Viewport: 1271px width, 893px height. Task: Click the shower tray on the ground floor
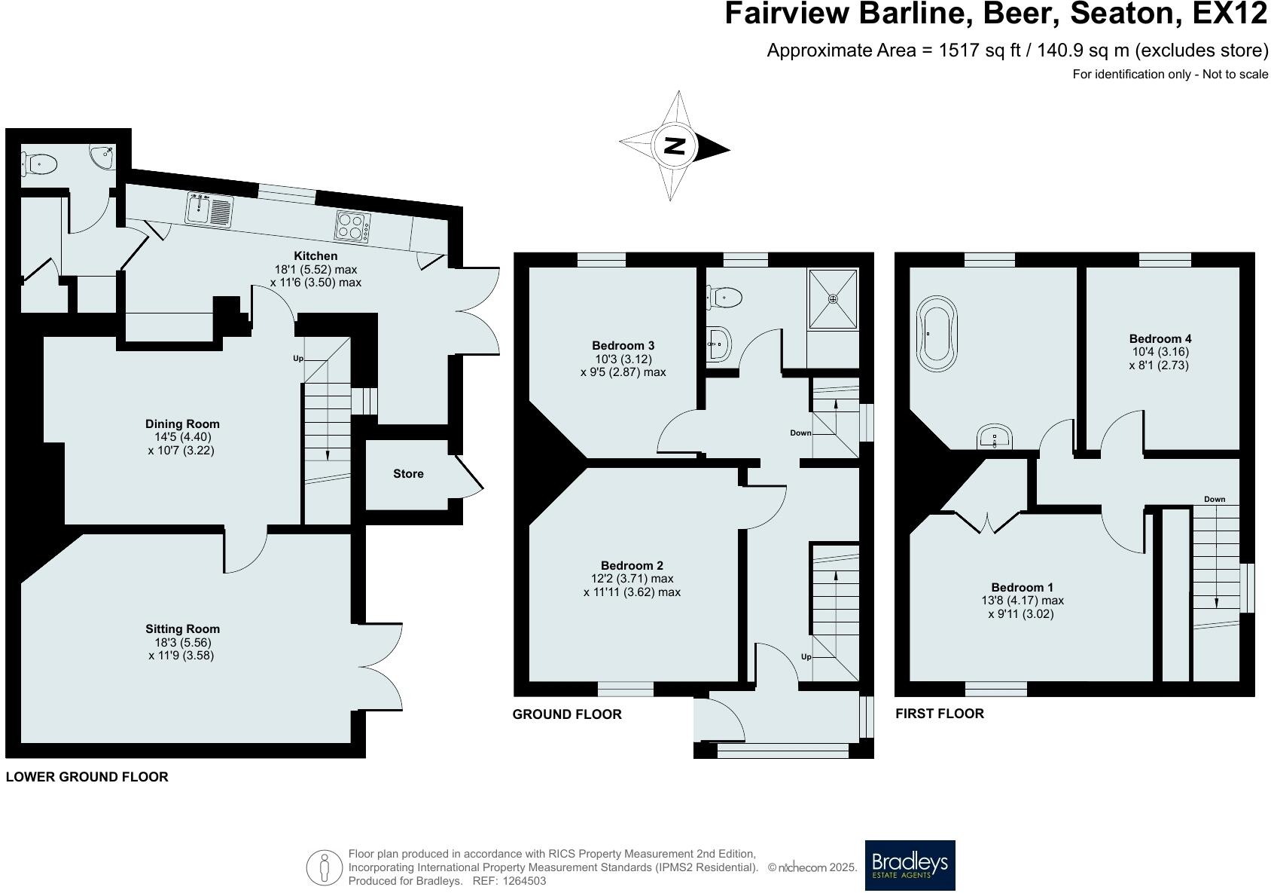(x=832, y=299)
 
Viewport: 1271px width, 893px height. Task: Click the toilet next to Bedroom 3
(x=724, y=297)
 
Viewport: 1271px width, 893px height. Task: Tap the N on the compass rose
(x=675, y=146)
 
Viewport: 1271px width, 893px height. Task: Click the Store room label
(x=408, y=474)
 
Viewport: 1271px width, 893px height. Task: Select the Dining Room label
(x=182, y=424)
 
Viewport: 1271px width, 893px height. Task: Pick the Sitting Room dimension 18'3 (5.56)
(x=181, y=642)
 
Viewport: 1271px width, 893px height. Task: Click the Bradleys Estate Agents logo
(x=910, y=864)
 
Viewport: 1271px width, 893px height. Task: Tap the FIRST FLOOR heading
(x=939, y=714)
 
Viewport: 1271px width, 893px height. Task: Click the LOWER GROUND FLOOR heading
(x=87, y=777)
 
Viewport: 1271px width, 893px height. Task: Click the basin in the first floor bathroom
(x=995, y=438)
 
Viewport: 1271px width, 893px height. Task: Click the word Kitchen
(x=315, y=256)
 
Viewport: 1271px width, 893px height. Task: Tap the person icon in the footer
(x=324, y=868)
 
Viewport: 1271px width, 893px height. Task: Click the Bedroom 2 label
(x=632, y=565)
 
